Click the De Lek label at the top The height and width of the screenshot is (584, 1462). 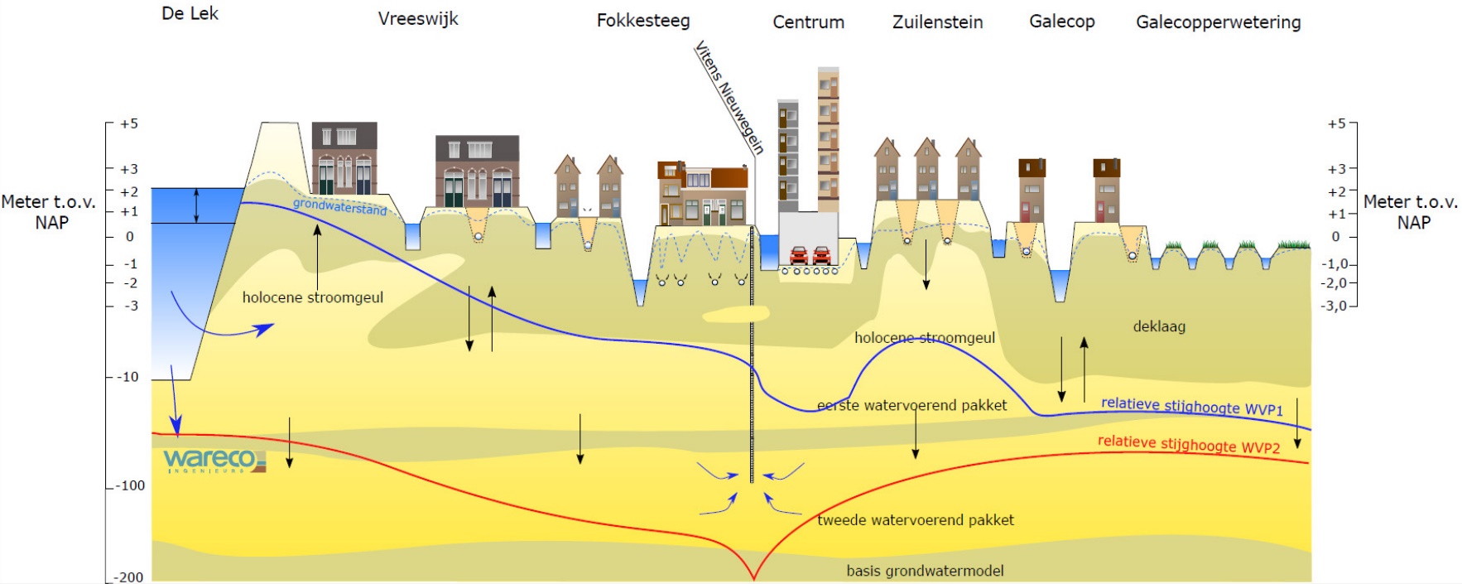[190, 14]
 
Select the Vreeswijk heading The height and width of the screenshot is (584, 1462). [417, 19]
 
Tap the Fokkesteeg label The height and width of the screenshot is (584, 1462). [642, 21]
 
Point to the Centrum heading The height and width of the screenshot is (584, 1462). [808, 22]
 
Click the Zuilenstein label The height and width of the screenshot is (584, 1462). [937, 22]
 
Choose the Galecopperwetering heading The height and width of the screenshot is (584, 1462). [1218, 22]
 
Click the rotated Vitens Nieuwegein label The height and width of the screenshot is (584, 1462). [729, 97]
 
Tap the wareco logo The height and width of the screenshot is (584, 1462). [214, 460]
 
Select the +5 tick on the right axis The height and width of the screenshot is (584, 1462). [1336, 124]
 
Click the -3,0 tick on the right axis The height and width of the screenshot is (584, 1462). [1334, 306]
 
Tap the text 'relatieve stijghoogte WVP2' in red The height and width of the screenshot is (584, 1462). [1188, 444]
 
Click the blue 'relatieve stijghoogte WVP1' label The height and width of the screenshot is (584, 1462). [1191, 406]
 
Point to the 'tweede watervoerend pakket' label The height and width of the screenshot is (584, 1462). [915, 520]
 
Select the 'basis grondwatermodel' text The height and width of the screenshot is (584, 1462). [925, 571]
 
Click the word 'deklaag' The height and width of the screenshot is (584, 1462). [1158, 326]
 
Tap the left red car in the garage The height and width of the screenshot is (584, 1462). [799, 254]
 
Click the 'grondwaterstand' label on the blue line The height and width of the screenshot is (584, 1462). [339, 206]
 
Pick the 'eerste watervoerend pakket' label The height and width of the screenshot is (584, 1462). [911, 406]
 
